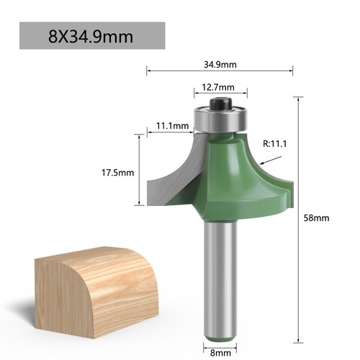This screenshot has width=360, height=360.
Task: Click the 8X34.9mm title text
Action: pyautogui.click(x=91, y=35)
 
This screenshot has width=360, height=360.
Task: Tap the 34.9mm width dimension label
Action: pyautogui.click(x=220, y=63)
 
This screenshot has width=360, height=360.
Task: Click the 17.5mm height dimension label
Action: pyautogui.click(x=117, y=173)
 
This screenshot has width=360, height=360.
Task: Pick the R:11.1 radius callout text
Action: pyautogui.click(x=276, y=144)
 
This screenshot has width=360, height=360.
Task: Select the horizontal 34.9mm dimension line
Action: pyautogui.click(x=180, y=71)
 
